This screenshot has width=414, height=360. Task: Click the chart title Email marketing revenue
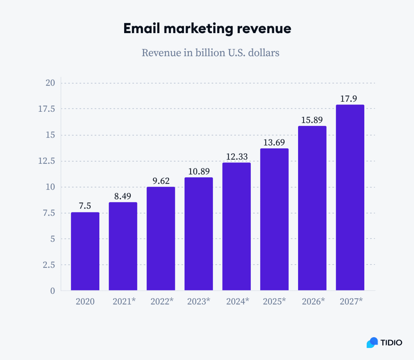[x=207, y=29]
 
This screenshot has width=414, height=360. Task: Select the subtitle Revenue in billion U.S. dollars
[x=210, y=53]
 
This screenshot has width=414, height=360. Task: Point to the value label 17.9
[x=348, y=99]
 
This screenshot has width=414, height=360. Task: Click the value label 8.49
[x=123, y=196]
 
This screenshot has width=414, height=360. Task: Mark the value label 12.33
[x=237, y=157]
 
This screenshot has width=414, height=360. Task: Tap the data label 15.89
[x=312, y=120]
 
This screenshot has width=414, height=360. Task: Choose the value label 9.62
[x=161, y=181]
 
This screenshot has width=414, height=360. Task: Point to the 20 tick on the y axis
[x=50, y=83]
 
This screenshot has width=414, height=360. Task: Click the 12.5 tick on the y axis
[x=47, y=161]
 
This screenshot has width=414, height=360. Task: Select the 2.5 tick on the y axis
[x=49, y=265]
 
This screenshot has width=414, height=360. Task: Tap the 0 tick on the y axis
[x=52, y=291]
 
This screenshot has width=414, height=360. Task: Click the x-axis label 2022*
[x=162, y=301]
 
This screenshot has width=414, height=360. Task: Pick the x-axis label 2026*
[x=313, y=301]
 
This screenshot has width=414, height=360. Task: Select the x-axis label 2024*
[x=237, y=301]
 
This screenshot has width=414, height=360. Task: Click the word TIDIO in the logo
[x=391, y=342]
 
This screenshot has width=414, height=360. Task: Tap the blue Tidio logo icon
[x=372, y=342]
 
